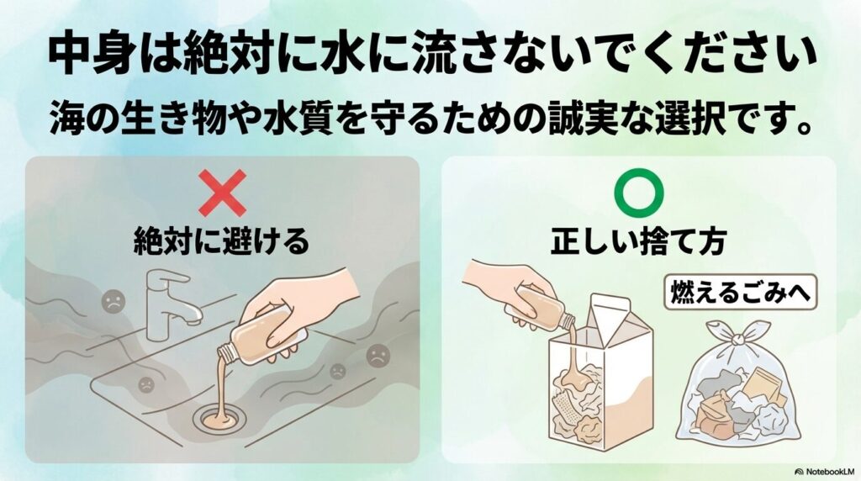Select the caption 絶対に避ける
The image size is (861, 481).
click(x=222, y=242)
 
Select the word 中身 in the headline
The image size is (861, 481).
click(x=81, y=56)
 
